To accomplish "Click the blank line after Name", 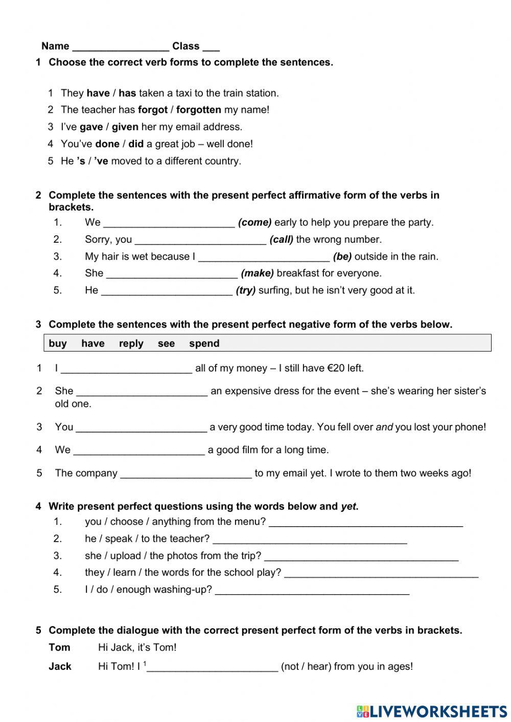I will pyautogui.click(x=121, y=48).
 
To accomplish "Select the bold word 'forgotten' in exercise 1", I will pyautogui.click(x=198, y=110).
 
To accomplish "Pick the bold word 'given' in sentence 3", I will pyautogui.click(x=125, y=127).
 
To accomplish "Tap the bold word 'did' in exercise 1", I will pyautogui.click(x=136, y=144).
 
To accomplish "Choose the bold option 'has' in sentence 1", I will pyautogui.click(x=127, y=93).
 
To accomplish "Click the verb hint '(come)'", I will pyautogui.click(x=254, y=222).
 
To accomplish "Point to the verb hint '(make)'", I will pyautogui.click(x=257, y=273).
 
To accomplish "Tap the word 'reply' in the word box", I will pyautogui.click(x=131, y=343).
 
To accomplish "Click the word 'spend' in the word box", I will pyautogui.click(x=204, y=343).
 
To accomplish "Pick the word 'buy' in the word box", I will pyautogui.click(x=58, y=343).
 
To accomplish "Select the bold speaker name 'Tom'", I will pyautogui.click(x=59, y=647).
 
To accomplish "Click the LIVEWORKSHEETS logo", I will pyautogui.click(x=431, y=711).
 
